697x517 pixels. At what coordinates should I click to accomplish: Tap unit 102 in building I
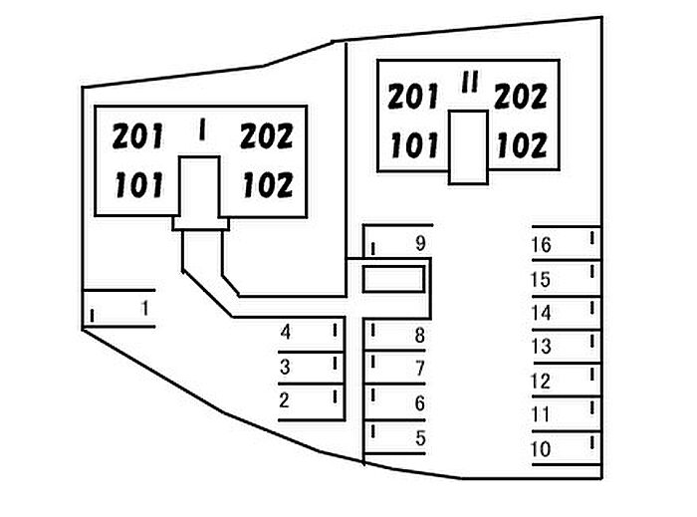coord(266,185)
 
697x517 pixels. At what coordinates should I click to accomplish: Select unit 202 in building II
coord(521,98)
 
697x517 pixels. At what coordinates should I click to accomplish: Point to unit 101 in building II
coord(414,145)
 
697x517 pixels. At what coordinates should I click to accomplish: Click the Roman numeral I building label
coord(202,131)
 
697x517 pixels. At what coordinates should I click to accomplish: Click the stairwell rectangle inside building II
coord(467,146)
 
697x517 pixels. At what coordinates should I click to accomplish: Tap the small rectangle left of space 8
coord(390,280)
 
